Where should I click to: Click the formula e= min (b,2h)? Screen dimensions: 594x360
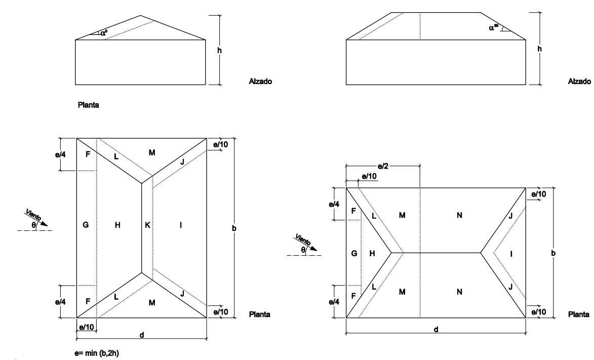coord(97,353)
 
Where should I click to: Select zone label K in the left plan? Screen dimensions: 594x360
coord(147,225)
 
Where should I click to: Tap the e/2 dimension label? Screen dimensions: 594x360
coord(383,166)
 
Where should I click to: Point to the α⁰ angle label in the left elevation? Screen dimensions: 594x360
coord(104,33)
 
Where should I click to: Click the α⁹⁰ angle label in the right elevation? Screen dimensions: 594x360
coord(494,27)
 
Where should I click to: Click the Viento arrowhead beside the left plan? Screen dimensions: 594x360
coord(45,223)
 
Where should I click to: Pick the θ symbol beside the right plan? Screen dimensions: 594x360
coord(303,250)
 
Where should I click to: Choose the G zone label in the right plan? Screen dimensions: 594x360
coord(354,254)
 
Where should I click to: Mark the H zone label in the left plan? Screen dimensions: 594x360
coord(117,225)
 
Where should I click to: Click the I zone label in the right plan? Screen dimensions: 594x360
coord(511,254)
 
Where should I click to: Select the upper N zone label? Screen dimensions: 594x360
coord(459,215)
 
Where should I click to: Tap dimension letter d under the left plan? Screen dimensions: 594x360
coord(142,335)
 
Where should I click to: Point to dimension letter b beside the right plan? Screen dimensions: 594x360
coord(553,253)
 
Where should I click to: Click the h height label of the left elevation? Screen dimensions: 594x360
coord(219,51)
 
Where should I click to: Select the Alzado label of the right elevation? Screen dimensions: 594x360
coord(579,81)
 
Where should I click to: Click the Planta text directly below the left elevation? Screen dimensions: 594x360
coord(88,105)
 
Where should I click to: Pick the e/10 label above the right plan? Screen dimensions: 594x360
coord(369,176)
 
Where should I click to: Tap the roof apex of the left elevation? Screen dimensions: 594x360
coord(141,16)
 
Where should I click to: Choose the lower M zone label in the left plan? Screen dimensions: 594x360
coord(152,302)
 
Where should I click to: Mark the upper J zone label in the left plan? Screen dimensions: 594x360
coord(182,162)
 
